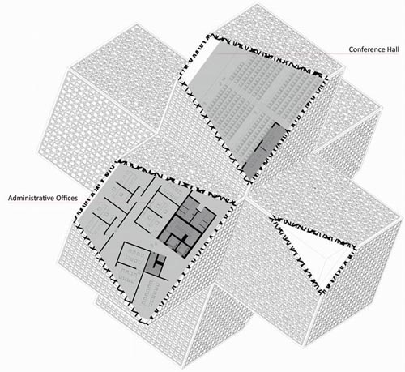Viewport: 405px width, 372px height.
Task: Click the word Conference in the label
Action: [x=367, y=49]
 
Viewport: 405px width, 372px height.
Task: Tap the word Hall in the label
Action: [x=393, y=49]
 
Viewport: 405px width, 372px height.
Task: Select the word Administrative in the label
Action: [x=31, y=198]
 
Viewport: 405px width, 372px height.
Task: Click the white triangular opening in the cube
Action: [x=318, y=250]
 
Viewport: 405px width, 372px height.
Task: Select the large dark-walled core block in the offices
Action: [x=187, y=225]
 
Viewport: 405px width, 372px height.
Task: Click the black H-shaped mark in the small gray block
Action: [x=160, y=262]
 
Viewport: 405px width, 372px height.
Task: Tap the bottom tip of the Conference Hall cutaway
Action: [x=249, y=182]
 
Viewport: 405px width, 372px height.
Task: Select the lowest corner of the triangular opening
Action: [x=322, y=293]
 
